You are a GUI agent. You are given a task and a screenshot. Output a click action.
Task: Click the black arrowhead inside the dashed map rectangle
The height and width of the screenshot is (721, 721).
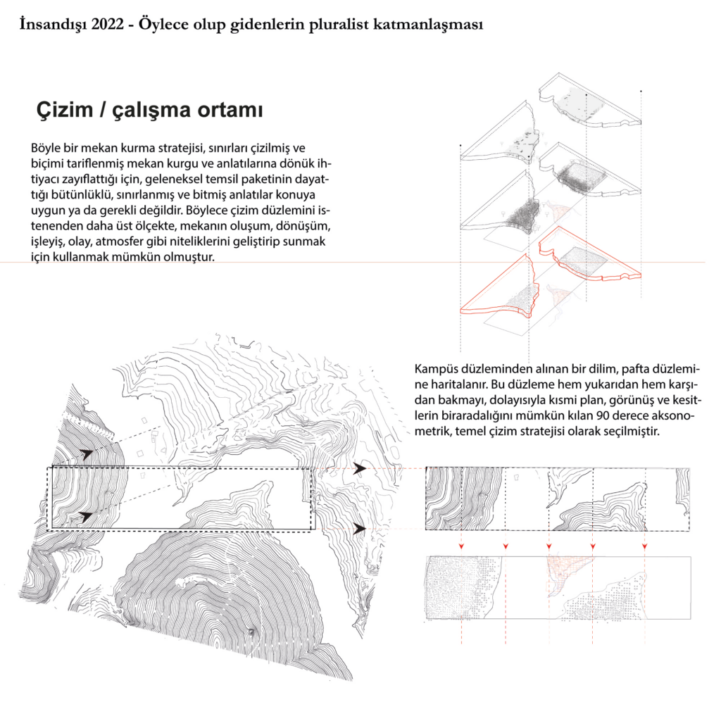86,517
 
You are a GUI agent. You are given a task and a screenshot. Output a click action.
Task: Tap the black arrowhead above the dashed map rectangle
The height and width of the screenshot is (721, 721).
86,455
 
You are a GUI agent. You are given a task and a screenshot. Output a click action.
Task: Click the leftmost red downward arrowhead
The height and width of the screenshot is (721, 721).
460,546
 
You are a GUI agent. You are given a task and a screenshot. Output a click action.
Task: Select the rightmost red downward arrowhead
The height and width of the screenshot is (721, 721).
645,546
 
